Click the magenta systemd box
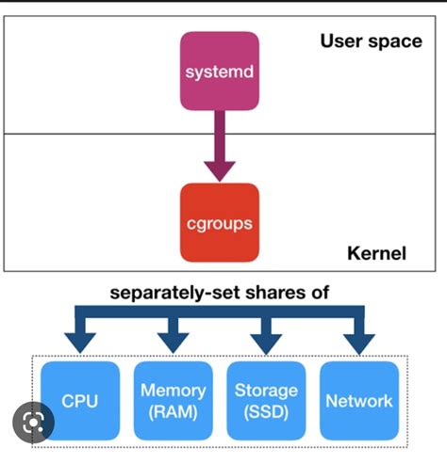pos(220,72)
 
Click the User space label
pos(371,41)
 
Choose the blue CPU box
pos(80,401)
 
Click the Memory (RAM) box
pos(173,400)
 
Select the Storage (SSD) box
pos(265,400)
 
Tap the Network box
pos(358,400)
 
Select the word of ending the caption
pos(319,293)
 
